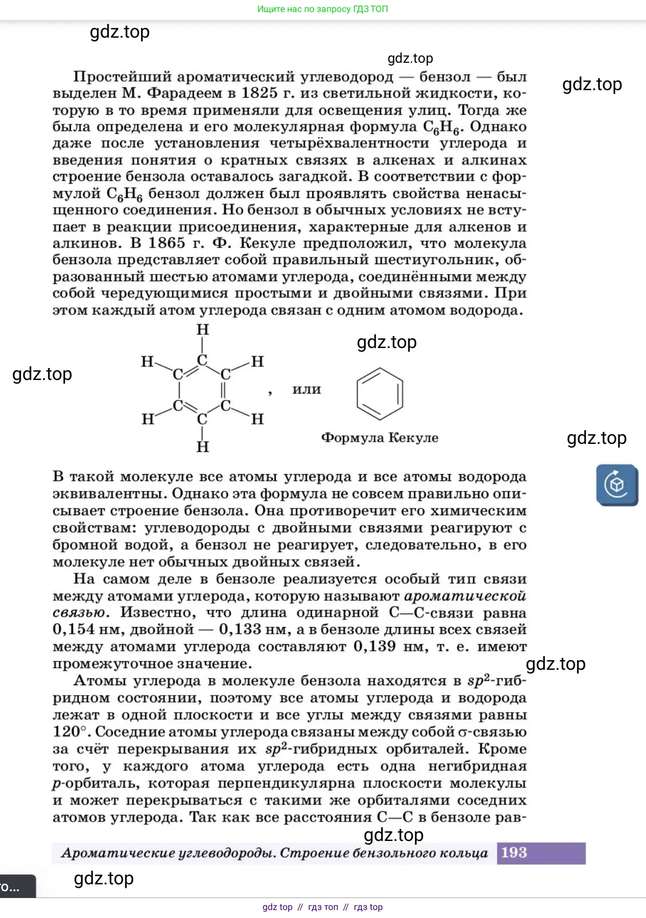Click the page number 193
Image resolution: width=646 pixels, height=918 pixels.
click(x=514, y=852)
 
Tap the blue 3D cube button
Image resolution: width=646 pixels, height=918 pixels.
click(x=617, y=485)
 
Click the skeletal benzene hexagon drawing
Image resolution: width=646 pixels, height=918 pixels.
click(x=379, y=393)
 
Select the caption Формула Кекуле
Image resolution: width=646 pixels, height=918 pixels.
click(x=379, y=438)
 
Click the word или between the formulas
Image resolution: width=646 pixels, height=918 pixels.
click(x=306, y=389)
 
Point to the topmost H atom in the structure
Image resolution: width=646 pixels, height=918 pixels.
click(x=203, y=330)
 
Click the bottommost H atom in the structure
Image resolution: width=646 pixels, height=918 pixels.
click(x=203, y=447)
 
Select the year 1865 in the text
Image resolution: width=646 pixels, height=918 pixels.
click(x=167, y=243)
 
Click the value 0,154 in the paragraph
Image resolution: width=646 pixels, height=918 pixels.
click(x=74, y=630)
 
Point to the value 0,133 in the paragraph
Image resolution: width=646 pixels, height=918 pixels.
click(x=240, y=630)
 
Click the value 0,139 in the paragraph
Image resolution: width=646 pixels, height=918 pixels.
click(x=374, y=646)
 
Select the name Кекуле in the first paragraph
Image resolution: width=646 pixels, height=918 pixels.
click(x=267, y=243)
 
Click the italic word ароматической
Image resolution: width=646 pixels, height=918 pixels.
click(x=465, y=596)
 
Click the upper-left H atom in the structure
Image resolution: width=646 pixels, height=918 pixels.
click(x=147, y=362)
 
